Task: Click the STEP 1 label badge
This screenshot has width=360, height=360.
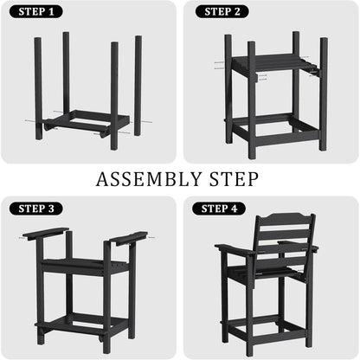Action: point(36,11)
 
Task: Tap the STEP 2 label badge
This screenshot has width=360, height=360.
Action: point(222,11)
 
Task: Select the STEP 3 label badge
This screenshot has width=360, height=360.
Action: point(36,209)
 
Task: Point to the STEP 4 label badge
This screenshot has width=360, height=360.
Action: point(219,209)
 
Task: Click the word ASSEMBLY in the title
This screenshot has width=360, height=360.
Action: point(149,179)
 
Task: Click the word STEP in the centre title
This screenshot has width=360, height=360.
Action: point(234,179)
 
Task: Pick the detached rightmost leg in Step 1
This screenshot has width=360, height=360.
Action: point(138,86)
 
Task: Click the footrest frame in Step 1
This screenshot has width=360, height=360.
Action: point(87,124)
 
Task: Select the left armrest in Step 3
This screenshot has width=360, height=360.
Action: point(46,233)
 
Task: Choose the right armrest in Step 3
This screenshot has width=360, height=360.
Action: point(129,238)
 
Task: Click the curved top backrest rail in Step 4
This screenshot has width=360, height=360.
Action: point(285,218)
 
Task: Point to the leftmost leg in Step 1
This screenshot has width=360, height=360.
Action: point(39,88)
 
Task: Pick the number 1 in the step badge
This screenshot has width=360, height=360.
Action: point(51,11)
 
